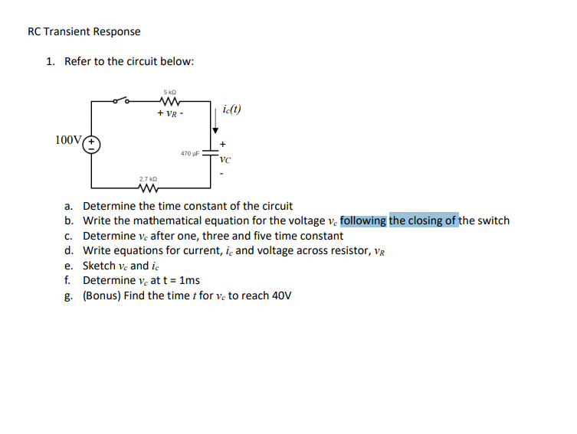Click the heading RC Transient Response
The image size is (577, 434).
click(84, 31)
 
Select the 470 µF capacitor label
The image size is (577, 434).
click(190, 154)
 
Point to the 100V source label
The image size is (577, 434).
click(68, 139)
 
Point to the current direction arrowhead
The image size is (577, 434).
click(215, 129)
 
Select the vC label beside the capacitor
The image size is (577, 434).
click(225, 160)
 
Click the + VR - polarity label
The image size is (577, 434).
click(170, 113)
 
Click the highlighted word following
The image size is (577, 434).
click(363, 220)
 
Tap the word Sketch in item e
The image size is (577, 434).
click(99, 266)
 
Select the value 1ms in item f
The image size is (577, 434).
click(188, 280)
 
